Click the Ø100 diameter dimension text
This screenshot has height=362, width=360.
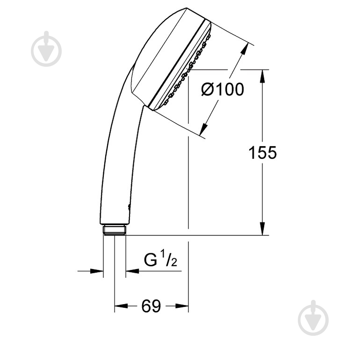coord(223,89)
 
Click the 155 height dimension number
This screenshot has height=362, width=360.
coord(262,153)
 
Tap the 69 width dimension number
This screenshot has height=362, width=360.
coord(151,306)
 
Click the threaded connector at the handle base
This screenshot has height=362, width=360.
coord(115,229)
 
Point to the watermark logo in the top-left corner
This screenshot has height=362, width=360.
coord(47,49)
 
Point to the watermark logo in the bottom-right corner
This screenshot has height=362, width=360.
coord(313,318)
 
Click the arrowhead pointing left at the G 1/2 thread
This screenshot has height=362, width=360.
coord(131,270)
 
